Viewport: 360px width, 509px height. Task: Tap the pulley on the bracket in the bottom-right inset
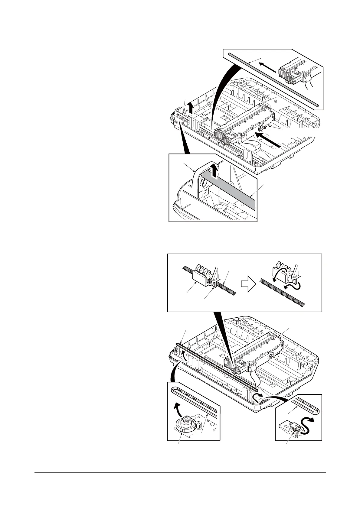[295, 426]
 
